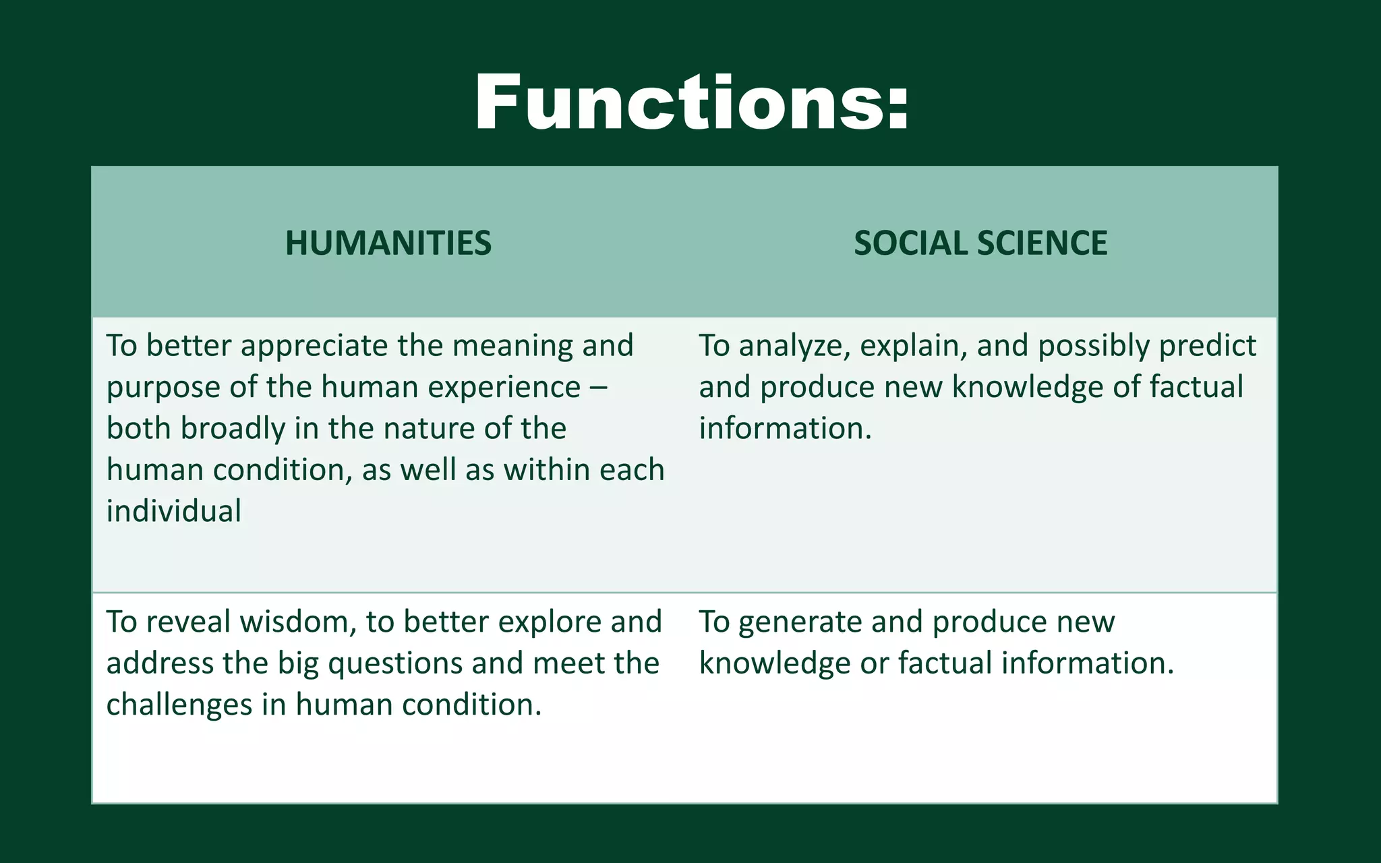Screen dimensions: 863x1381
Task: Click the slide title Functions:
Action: [692, 103]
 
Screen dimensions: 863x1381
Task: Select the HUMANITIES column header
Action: [388, 243]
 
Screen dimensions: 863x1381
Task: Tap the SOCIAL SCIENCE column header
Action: [980, 243]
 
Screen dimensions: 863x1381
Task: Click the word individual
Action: [174, 512]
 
